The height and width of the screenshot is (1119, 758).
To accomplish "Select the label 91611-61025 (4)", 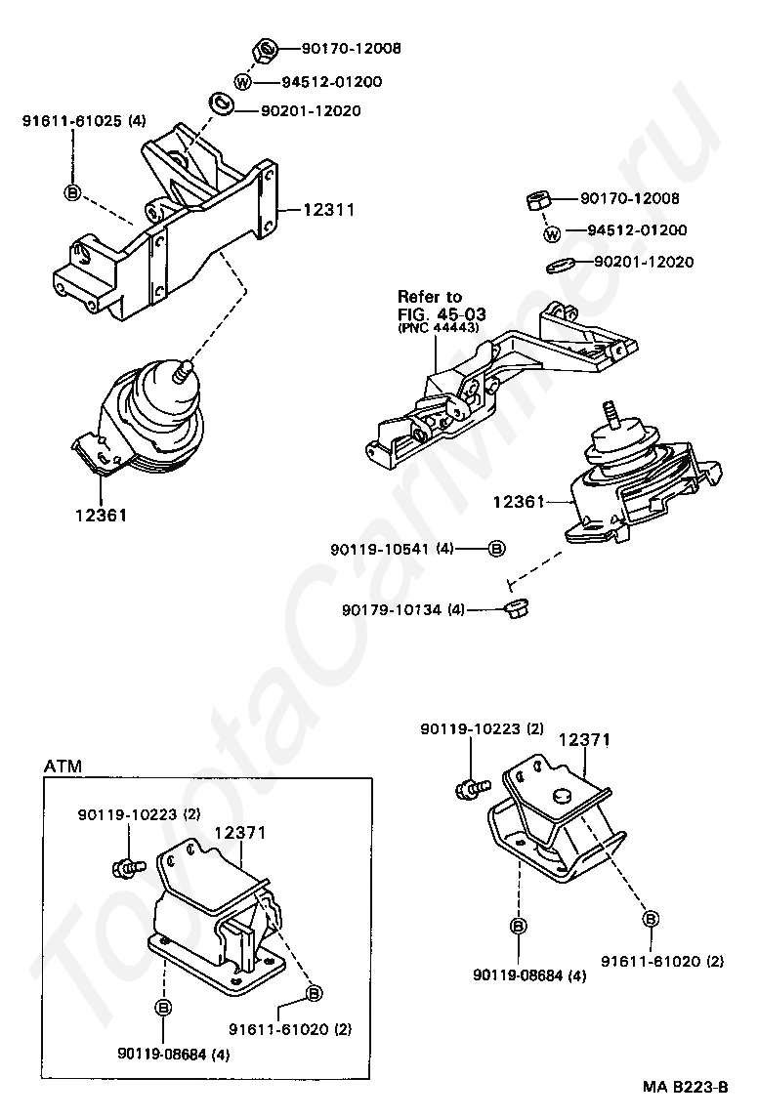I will [x=84, y=121].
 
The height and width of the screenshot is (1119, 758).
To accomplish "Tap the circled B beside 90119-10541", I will [x=496, y=549].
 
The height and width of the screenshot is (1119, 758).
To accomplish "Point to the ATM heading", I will [x=63, y=767].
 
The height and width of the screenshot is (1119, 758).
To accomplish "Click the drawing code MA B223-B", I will [x=685, y=1087].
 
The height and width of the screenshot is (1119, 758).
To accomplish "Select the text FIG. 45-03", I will [x=442, y=313].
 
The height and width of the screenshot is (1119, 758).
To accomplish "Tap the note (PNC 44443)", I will [x=438, y=328].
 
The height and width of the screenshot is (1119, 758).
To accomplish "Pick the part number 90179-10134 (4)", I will [x=403, y=610].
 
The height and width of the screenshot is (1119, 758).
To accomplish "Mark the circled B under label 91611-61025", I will [x=72, y=191].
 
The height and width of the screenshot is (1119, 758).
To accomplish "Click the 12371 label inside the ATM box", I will [x=240, y=832].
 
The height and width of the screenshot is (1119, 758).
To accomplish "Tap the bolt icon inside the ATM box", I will [x=129, y=865].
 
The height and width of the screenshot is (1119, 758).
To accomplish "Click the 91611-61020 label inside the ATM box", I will [x=291, y=1028].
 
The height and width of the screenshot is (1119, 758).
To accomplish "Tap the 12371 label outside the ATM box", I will [x=584, y=741].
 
